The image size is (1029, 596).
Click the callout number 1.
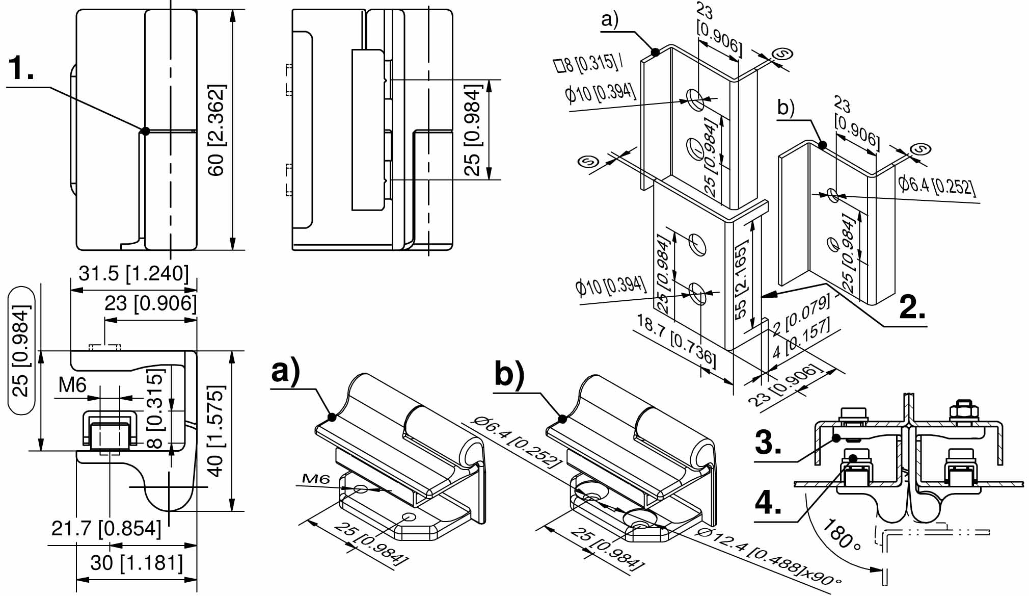[21, 68]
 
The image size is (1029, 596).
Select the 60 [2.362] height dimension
[216, 131]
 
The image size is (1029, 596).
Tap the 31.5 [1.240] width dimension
[133, 273]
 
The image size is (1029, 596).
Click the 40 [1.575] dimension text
[216, 431]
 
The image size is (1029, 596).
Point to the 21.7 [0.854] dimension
[106, 528]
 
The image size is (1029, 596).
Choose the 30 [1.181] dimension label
[137, 563]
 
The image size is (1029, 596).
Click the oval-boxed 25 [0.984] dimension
[21, 350]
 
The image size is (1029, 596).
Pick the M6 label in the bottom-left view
[72, 385]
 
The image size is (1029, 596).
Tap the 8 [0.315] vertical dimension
[156, 408]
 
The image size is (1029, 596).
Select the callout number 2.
[912, 307]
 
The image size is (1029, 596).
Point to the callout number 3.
[768, 442]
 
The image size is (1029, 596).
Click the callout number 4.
[768, 503]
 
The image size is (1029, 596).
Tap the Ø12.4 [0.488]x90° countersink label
[769, 556]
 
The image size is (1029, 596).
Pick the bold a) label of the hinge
[286, 371]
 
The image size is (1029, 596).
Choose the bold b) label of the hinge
[509, 375]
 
